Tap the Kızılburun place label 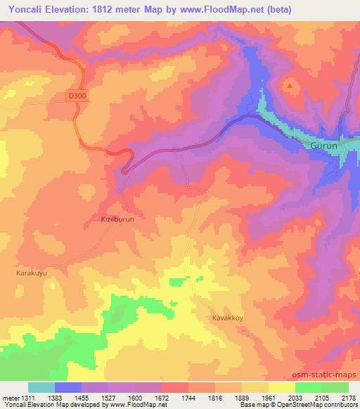(x=108, y=219)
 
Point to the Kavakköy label (x=228, y=318)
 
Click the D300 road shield (x=78, y=95)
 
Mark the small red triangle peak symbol (x=290, y=85)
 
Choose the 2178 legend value (x=349, y=397)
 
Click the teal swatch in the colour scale (x=41, y=387)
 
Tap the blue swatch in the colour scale (x=68, y=387)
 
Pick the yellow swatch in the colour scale (x=282, y=387)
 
